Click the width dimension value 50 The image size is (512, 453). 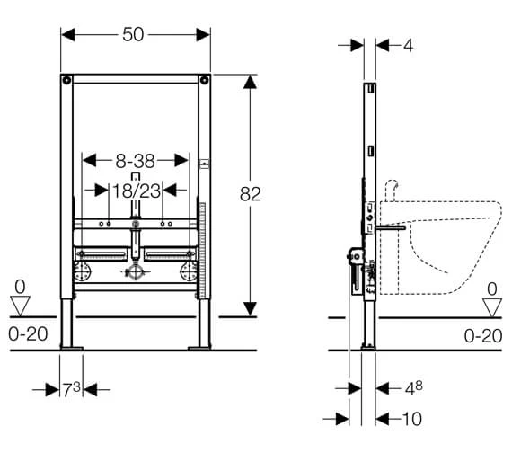(x=133, y=34)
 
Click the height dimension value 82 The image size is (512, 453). (x=250, y=194)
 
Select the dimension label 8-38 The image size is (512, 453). (x=135, y=161)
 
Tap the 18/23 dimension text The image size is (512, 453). (x=137, y=191)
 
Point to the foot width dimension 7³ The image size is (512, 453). (x=72, y=389)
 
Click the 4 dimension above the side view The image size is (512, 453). (x=408, y=46)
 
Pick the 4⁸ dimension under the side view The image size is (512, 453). (x=414, y=388)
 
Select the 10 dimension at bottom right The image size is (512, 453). (x=412, y=419)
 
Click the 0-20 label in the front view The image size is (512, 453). (x=28, y=334)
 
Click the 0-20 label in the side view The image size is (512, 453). (x=483, y=336)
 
